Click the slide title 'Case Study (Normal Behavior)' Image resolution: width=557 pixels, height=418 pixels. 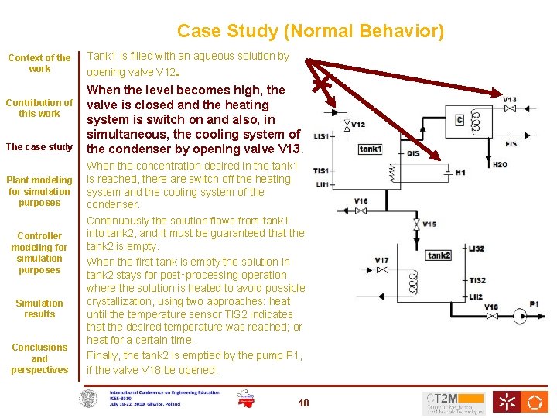click(x=310, y=31)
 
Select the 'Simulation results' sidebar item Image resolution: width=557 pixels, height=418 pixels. click(x=39, y=309)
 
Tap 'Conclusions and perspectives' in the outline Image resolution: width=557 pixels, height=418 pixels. click(x=39, y=358)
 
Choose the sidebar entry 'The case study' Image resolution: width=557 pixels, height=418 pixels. click(x=39, y=147)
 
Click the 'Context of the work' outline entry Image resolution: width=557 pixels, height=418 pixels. click(x=39, y=63)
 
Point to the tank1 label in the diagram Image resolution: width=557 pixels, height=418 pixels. click(x=370, y=149)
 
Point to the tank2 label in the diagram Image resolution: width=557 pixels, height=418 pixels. click(x=439, y=255)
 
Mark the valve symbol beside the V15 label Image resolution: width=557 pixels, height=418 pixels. click(x=416, y=224)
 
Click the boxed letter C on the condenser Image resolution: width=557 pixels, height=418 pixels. click(x=460, y=119)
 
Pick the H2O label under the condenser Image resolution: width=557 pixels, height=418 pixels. click(x=500, y=165)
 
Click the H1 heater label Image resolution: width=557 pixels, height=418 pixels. click(x=460, y=172)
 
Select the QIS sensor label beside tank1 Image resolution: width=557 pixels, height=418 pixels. click(x=413, y=153)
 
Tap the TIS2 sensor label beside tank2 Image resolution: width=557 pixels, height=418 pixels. click(x=477, y=280)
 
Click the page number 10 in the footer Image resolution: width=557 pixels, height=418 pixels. click(x=303, y=403)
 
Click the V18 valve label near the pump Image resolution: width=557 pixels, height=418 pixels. click(x=490, y=307)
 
